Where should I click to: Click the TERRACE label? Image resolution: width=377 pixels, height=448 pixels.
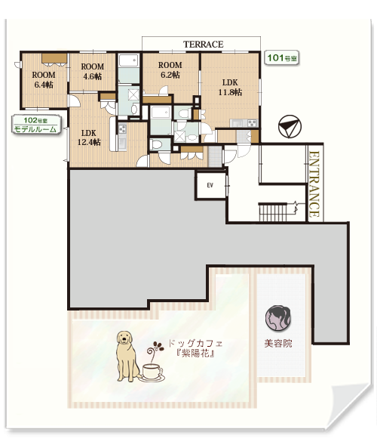pyautogui.click(x=203, y=45)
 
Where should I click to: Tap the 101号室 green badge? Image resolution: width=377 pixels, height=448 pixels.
pyautogui.click(x=282, y=58)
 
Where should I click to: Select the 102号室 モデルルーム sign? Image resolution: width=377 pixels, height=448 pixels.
pyautogui.click(x=36, y=125)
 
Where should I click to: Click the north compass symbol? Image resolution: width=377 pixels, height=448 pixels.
pyautogui.click(x=290, y=126)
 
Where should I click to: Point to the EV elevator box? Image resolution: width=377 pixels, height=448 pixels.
pyautogui.click(x=210, y=185)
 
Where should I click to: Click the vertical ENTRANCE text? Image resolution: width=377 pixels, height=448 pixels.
pyautogui.click(x=314, y=184)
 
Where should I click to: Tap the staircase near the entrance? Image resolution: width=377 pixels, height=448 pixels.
pyautogui.click(x=273, y=212)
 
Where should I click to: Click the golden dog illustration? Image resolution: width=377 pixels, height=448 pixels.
pyautogui.click(x=127, y=356)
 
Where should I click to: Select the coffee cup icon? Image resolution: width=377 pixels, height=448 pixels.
pyautogui.click(x=152, y=373)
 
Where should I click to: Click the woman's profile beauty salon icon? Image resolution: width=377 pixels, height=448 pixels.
pyautogui.click(x=277, y=318)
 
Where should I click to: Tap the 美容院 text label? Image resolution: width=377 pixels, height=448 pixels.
pyautogui.click(x=278, y=343)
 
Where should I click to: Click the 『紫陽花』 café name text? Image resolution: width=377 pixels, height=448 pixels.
pyautogui.click(x=195, y=354)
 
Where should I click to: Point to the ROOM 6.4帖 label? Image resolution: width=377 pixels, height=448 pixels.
pyautogui.click(x=44, y=80)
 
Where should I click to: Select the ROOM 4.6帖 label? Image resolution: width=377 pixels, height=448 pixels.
pyautogui.click(x=93, y=72)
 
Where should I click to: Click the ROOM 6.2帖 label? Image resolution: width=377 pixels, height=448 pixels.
pyautogui.click(x=170, y=70)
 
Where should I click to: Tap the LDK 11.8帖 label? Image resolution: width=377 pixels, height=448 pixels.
pyautogui.click(x=230, y=87)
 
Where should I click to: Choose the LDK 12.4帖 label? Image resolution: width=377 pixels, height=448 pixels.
pyautogui.click(x=89, y=137)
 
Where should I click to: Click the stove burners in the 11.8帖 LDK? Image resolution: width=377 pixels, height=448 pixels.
pyautogui.click(x=253, y=123)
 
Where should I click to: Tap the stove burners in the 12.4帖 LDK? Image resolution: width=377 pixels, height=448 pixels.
pyautogui.click(x=122, y=129)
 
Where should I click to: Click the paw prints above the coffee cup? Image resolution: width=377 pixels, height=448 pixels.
pyautogui.click(x=158, y=346)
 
